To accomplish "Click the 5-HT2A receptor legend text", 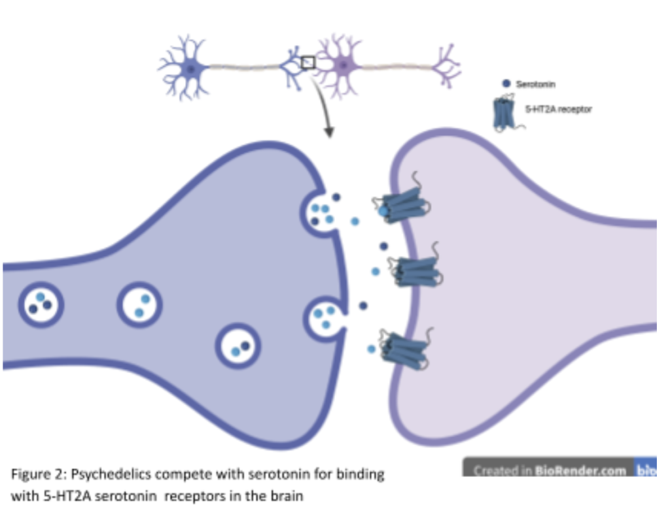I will click(x=558, y=110).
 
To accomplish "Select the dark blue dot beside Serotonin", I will click(x=506, y=84).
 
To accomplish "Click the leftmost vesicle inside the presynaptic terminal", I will click(x=41, y=304).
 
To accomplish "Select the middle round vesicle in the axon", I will click(x=139, y=304).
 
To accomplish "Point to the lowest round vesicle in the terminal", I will click(x=239, y=346).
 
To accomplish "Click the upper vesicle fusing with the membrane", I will click(x=321, y=213).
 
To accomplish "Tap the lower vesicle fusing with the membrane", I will click(x=324, y=317).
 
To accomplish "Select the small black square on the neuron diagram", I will click(x=308, y=63).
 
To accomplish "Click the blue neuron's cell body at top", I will click(x=190, y=67).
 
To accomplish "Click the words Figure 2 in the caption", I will click(x=33, y=474).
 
